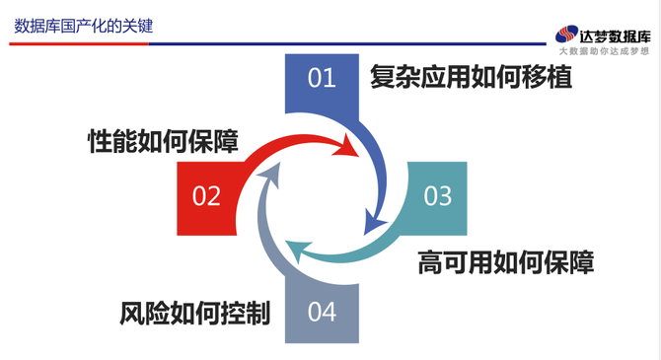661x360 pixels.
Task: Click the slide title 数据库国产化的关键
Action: (84, 26)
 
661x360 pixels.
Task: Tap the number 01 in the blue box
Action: (322, 78)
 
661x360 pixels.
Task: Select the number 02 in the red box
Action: (206, 196)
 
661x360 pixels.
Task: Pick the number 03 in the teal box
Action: (438, 196)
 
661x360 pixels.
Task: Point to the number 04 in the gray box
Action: (322, 312)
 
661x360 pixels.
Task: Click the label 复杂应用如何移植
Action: (471, 77)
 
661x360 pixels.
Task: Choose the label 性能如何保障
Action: (163, 141)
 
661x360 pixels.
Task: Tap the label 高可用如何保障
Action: (506, 262)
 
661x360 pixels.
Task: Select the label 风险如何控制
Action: (194, 314)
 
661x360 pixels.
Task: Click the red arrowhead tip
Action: (358, 156)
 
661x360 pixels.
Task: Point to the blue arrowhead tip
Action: (365, 235)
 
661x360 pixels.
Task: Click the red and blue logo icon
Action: (566, 35)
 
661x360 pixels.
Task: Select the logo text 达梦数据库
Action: (615, 36)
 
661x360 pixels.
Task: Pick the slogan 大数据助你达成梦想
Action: (604, 51)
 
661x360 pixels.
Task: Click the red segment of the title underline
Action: (79, 43)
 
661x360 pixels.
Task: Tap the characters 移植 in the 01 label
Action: (548, 77)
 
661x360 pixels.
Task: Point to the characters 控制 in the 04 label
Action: (246, 314)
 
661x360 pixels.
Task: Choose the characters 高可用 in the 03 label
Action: (455, 262)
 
